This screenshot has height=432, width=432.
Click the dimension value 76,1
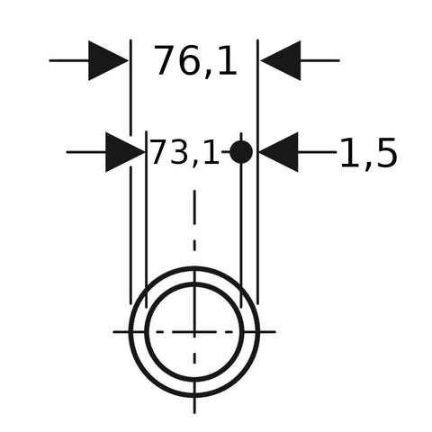point(195,61)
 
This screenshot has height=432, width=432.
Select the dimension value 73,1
point(185,152)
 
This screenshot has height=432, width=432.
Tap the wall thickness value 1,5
point(368,153)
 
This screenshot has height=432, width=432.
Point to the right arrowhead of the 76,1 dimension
point(281,60)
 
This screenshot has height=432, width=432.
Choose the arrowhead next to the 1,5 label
point(279,152)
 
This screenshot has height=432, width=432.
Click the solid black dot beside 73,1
point(241,152)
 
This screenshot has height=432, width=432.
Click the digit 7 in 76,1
point(165,60)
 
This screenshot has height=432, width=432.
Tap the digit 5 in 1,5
point(387,153)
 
